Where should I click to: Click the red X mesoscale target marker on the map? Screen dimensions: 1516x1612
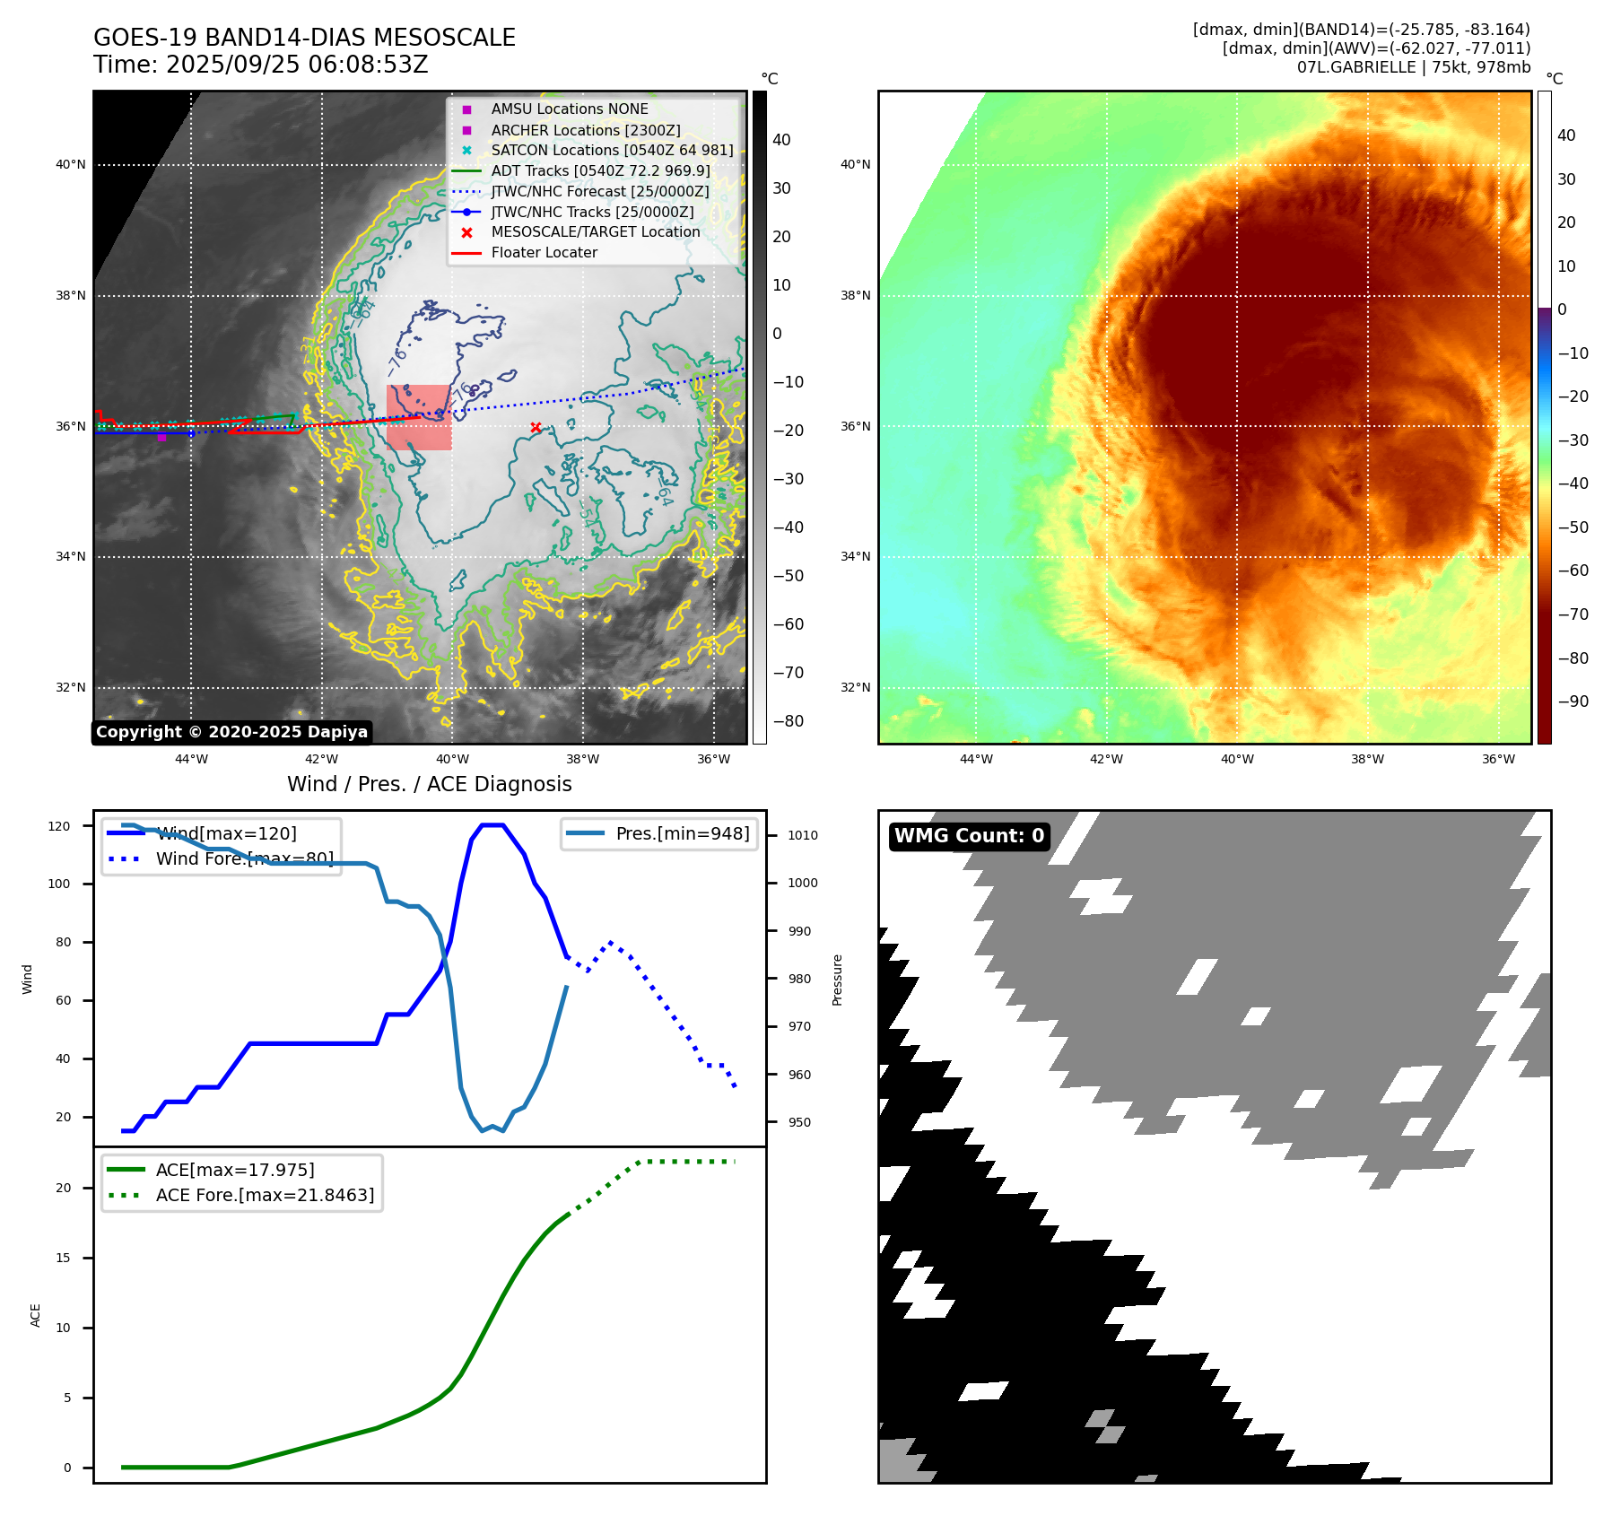536,428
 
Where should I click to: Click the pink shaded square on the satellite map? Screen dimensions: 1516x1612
419,417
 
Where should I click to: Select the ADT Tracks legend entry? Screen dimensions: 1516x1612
600,170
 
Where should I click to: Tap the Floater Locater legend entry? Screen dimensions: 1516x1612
544,253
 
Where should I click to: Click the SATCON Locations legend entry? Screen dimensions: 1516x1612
612,150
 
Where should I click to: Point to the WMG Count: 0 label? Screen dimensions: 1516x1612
969,836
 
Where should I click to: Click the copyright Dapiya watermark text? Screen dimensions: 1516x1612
231,732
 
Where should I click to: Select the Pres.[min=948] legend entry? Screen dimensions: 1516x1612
682,833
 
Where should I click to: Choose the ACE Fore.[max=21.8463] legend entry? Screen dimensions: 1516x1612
265,1195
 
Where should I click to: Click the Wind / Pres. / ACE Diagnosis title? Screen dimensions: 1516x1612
429,784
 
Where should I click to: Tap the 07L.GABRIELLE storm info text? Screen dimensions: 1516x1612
1413,67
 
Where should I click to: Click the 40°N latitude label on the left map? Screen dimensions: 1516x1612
71,165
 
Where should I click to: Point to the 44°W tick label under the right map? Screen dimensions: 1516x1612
976,759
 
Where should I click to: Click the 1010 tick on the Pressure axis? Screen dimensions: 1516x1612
803,835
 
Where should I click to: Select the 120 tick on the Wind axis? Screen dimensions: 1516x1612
59,826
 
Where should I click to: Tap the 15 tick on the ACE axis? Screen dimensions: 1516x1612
63,1258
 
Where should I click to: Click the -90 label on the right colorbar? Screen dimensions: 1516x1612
1573,701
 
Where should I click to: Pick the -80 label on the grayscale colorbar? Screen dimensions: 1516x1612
789,721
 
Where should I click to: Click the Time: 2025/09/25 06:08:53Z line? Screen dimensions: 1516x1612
260,65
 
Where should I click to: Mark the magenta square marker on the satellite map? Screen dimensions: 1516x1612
161,437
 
